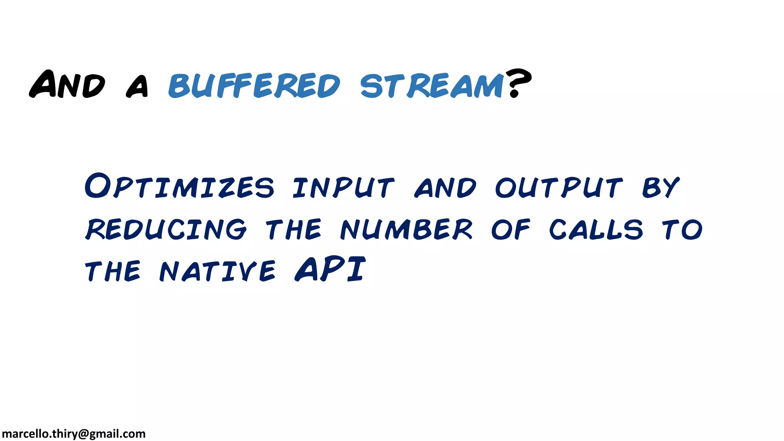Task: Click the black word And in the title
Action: [67, 84]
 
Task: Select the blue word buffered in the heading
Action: [254, 85]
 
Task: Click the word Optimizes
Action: [179, 186]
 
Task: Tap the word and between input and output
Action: [445, 188]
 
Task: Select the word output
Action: [559, 188]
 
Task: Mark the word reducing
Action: [166, 229]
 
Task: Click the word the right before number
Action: [294, 229]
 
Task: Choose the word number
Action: [407, 229]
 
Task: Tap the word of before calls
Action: [511, 229]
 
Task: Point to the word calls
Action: [596, 229]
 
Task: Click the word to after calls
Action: [682, 229]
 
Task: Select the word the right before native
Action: [113, 271]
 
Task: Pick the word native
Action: [217, 271]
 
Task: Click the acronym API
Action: [330, 269]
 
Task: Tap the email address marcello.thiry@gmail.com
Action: [73, 434]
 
